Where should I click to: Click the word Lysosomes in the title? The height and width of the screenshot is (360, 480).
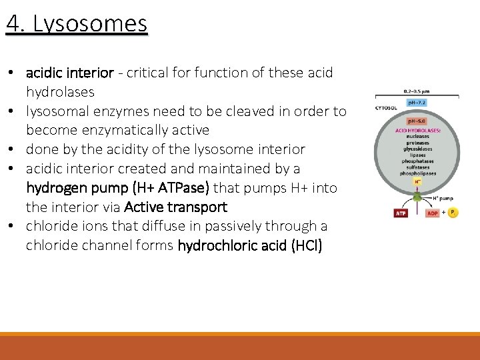click(x=90, y=24)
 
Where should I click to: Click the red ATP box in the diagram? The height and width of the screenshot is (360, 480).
click(x=401, y=213)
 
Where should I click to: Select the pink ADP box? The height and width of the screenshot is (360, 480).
click(x=432, y=213)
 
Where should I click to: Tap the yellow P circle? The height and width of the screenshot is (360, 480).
click(x=453, y=213)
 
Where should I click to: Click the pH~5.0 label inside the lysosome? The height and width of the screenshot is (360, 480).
click(x=417, y=122)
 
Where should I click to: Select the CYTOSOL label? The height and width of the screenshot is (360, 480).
click(x=386, y=107)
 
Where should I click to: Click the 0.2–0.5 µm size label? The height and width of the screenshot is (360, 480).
click(x=417, y=91)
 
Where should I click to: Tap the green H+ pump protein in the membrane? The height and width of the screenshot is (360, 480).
click(x=417, y=197)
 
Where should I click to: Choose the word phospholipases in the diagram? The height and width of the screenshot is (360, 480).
click(x=417, y=172)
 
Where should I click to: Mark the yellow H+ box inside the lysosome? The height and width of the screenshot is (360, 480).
click(x=417, y=181)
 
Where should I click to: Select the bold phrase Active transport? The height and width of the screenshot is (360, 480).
click(x=175, y=207)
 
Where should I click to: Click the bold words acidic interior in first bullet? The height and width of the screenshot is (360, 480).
click(x=70, y=72)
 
